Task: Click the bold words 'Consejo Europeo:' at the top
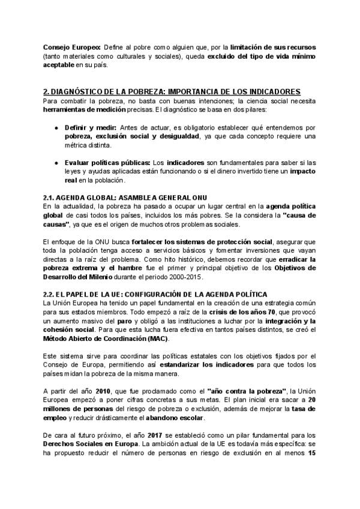(71, 47)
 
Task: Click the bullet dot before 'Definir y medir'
(56, 128)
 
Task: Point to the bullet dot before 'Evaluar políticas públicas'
(56, 162)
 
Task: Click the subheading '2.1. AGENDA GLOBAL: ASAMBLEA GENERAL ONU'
(116, 197)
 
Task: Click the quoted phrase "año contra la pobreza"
(246, 391)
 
